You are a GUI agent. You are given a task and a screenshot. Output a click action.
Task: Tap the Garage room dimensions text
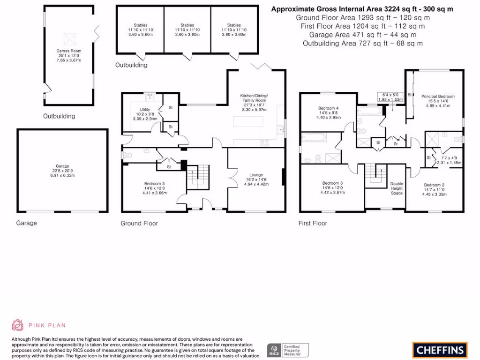62,173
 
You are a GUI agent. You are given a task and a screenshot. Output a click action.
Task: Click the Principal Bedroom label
438,97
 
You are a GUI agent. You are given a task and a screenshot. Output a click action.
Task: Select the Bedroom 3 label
332,183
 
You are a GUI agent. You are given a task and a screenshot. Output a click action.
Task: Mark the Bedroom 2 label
433,185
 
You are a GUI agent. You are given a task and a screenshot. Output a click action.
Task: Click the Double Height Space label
397,188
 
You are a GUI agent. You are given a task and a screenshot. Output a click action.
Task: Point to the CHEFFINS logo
440,350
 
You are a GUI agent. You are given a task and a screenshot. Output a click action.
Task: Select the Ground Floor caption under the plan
139,224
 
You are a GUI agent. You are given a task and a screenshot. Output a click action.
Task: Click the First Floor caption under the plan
313,224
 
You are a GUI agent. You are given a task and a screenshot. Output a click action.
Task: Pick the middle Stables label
187,25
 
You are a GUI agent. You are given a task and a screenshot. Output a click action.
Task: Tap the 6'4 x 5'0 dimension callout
390,95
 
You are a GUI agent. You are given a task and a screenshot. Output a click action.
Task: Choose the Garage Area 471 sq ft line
362,35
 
